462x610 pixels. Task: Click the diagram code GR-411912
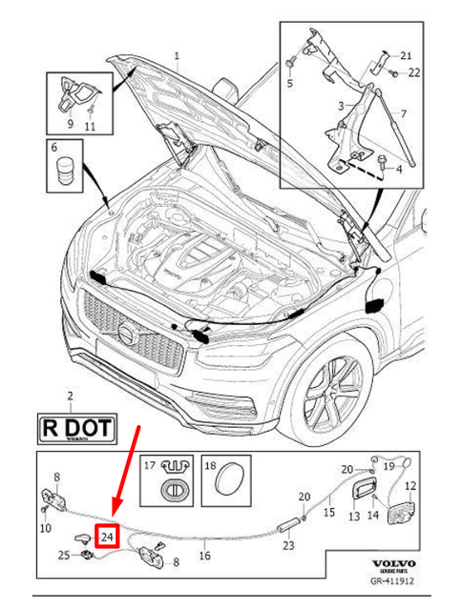click(393, 580)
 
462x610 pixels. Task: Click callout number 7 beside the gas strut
click(403, 113)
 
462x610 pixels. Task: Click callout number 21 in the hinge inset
click(405, 54)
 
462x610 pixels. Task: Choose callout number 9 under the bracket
click(69, 124)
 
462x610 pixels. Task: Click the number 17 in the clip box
click(149, 466)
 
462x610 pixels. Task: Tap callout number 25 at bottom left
click(63, 555)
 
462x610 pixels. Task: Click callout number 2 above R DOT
click(69, 394)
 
